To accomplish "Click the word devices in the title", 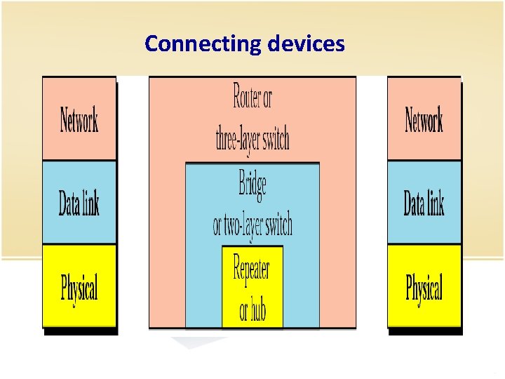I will pos(306,44).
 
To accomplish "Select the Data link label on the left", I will pos(79,204).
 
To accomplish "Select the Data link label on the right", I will pos(424,204).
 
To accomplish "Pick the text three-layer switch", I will pos(252,139).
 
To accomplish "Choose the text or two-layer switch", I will pos(252,225).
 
